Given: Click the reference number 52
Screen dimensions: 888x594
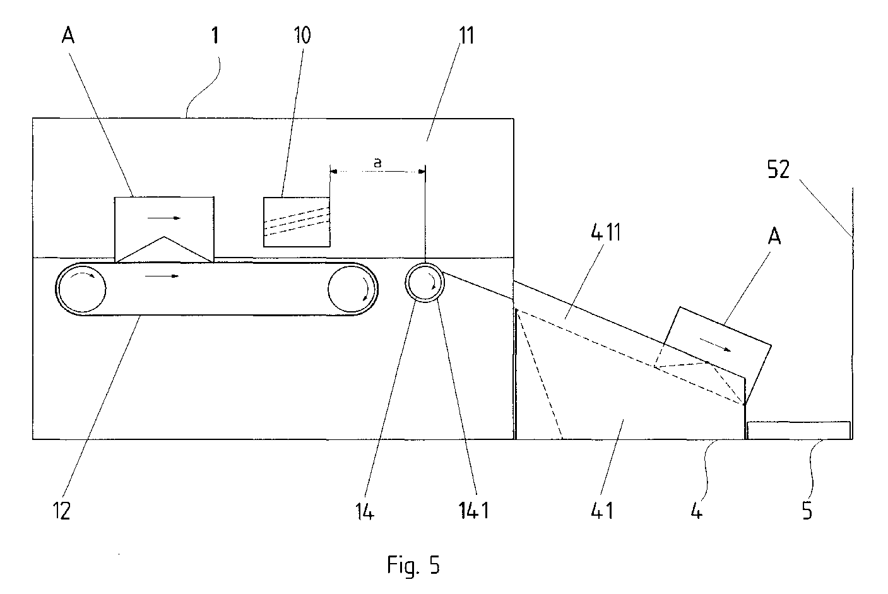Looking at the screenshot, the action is point(778,169).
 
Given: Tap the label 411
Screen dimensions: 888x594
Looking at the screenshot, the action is point(605,232).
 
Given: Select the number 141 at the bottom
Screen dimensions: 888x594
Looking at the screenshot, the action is point(474,510).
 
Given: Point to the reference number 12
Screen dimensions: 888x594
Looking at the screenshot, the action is point(62,510).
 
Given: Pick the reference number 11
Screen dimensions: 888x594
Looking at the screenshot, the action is point(466,35).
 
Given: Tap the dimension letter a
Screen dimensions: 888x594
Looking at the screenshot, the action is point(378,162).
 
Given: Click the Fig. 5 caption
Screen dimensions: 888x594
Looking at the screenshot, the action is point(413,565).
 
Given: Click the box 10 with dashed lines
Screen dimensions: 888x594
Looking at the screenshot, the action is point(297,222).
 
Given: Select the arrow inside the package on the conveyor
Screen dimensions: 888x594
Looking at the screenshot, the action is point(163,218).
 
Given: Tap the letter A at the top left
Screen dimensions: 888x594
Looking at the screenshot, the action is point(68,35).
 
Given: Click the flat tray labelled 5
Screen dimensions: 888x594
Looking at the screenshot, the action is point(798,431).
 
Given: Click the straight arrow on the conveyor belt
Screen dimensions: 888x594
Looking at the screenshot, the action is point(162,276).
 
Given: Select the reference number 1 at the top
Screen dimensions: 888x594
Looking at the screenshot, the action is point(215,35).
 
